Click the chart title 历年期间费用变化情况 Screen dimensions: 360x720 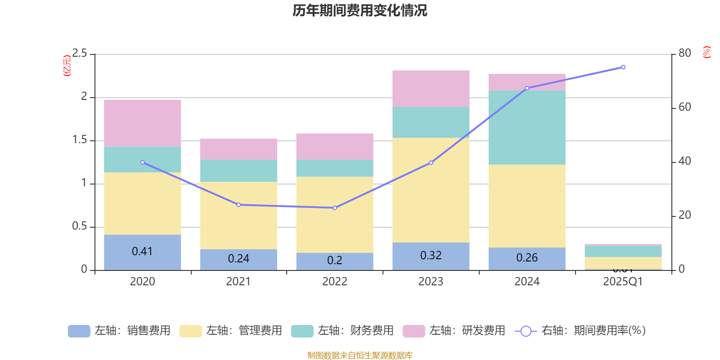[x=360, y=10]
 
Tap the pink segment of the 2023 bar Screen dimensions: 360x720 [x=431, y=88]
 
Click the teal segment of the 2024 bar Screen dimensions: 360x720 [x=526, y=127]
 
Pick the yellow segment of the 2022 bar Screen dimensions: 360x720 [x=334, y=215]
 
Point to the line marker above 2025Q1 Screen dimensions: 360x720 [x=623, y=67]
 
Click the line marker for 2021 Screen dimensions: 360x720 [x=238, y=205]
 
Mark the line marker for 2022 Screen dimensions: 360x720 [x=334, y=208]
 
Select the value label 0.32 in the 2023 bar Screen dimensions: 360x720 [x=431, y=255]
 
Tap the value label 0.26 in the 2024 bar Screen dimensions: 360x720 [x=526, y=257]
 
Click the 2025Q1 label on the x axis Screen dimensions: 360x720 [x=623, y=282]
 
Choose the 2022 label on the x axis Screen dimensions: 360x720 [x=334, y=282]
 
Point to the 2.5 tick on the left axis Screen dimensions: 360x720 [x=80, y=54]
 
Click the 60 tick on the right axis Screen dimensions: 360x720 [x=684, y=107]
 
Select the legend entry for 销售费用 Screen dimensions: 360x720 [x=120, y=331]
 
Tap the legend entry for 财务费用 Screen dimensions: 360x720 [x=343, y=331]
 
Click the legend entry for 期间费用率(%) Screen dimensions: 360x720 [x=580, y=331]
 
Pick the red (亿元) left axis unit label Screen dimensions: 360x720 [x=67, y=66]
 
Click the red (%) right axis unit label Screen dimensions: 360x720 [x=706, y=52]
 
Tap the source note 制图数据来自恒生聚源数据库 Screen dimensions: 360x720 [x=360, y=355]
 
